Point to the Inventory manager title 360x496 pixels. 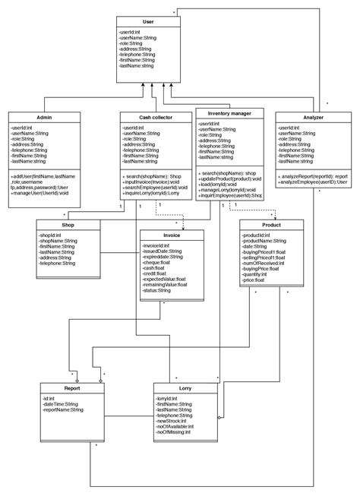pyautogui.click(x=229, y=113)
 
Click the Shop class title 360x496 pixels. pyautogui.click(x=68, y=224)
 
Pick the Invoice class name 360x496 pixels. pyautogui.click(x=172, y=235)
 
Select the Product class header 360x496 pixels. pyautogui.click(x=271, y=224)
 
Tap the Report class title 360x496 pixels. pyautogui.click(x=72, y=387)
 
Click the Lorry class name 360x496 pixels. pyautogui.click(x=185, y=387)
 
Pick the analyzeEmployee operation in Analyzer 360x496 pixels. pyautogui.click(x=313, y=182)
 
